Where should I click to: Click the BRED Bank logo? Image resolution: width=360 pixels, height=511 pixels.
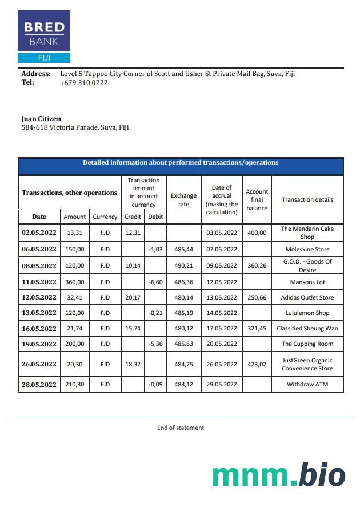tap(44, 36)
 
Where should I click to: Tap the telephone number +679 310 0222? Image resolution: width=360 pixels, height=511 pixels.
tap(83, 82)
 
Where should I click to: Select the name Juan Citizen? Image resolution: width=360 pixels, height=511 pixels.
tap(41, 119)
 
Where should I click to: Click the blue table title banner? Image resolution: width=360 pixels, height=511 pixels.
tap(181, 163)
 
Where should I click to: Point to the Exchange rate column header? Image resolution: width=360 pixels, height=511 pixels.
tap(183, 200)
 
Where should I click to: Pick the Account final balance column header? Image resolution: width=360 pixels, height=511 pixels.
tap(257, 200)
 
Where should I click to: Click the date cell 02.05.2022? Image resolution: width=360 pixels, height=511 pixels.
tap(39, 233)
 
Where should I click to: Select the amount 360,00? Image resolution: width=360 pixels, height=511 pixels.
tap(74, 281)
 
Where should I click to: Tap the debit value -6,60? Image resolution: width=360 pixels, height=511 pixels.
tap(155, 281)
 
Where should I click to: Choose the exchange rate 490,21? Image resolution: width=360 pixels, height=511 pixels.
tap(183, 265)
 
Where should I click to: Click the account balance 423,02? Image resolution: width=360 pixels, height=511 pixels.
tap(257, 364)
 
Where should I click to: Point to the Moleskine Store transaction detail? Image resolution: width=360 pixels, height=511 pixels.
tap(307, 249)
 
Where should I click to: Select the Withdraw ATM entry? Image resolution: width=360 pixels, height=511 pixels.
tap(307, 385)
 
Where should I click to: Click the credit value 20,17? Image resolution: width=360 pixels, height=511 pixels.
tap(133, 297)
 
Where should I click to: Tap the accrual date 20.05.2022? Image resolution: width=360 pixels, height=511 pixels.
tap(222, 344)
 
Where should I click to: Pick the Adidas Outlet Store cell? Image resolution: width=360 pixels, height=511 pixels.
tap(307, 297)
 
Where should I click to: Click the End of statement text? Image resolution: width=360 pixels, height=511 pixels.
tap(181, 428)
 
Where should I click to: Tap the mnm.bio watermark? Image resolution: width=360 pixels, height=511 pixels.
tap(279, 476)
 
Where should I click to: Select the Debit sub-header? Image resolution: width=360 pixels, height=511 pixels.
tap(155, 217)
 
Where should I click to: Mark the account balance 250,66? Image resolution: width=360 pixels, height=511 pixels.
tap(257, 297)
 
